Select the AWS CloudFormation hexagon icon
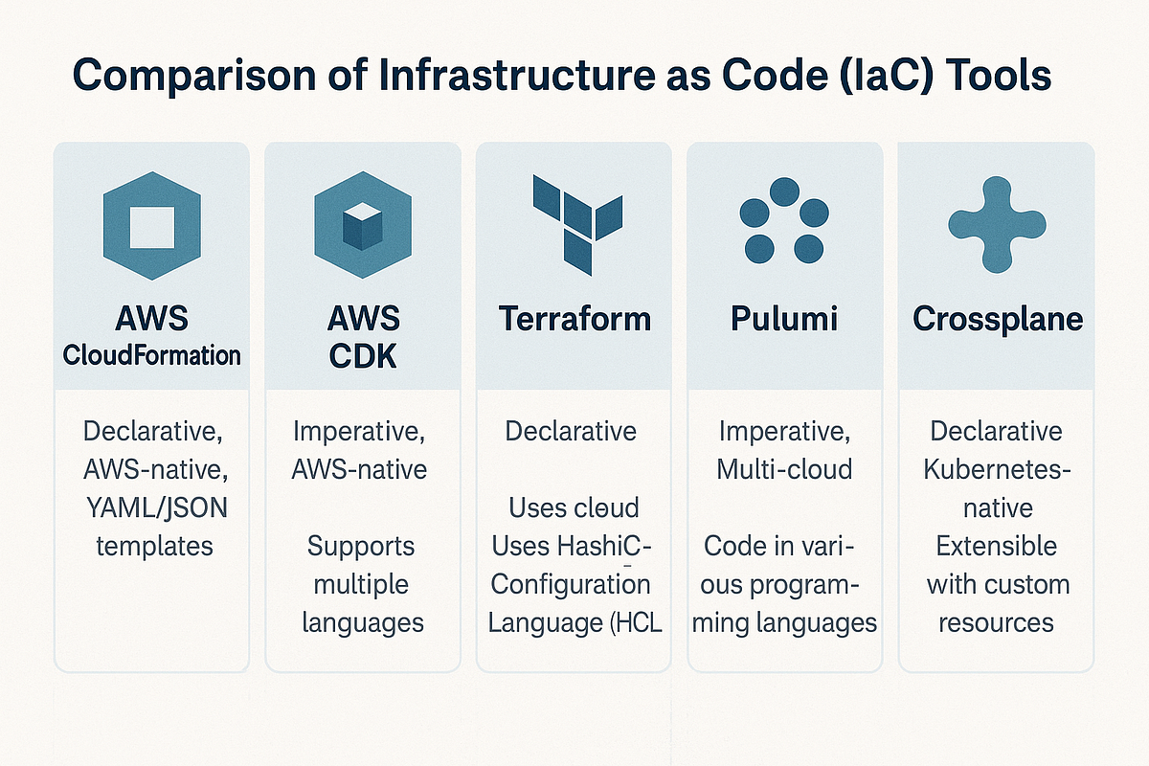151,226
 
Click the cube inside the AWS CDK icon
362,227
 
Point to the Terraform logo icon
574,219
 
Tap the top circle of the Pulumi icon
784,191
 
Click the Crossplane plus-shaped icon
996,223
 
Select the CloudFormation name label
151,356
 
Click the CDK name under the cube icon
362,356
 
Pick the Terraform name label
574,319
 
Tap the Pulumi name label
784,319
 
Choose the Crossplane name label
997,319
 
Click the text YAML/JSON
151,507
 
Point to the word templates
151,546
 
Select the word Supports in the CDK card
362,547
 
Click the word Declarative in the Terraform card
571,431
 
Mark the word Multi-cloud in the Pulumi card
784,470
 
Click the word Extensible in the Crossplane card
997,546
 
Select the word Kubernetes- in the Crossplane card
997,470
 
